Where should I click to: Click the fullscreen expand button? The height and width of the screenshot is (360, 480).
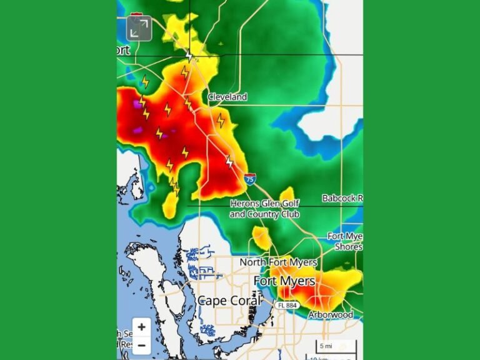pyautogui.click(x=139, y=28)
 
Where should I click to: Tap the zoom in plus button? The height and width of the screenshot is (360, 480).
pyautogui.click(x=142, y=327)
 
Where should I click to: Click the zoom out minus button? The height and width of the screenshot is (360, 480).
pyautogui.click(x=142, y=345)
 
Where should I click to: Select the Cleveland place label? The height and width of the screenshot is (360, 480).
pyautogui.click(x=227, y=97)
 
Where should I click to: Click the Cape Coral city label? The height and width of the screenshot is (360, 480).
pyautogui.click(x=229, y=301)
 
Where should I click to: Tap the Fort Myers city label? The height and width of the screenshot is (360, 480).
pyautogui.click(x=284, y=281)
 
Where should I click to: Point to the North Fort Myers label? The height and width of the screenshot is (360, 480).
pyautogui.click(x=278, y=262)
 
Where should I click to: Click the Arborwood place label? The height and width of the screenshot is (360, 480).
pyautogui.click(x=330, y=315)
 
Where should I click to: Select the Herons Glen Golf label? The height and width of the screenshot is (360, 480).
pyautogui.click(x=265, y=204)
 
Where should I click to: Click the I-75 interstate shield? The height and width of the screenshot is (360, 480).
pyautogui.click(x=249, y=179)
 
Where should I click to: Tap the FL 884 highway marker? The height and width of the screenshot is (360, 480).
pyautogui.click(x=284, y=305)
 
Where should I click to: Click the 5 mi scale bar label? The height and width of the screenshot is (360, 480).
pyautogui.click(x=326, y=346)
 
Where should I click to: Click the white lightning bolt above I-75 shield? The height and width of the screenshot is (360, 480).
pyautogui.click(x=229, y=162)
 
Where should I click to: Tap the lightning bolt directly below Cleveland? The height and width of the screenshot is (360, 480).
pyautogui.click(x=221, y=120)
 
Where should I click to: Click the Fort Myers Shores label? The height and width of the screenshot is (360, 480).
pyautogui.click(x=345, y=241)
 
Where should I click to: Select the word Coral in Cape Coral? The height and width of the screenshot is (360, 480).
pyautogui.click(x=246, y=301)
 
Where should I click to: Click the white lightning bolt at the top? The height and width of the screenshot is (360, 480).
pyautogui.click(x=189, y=56)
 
